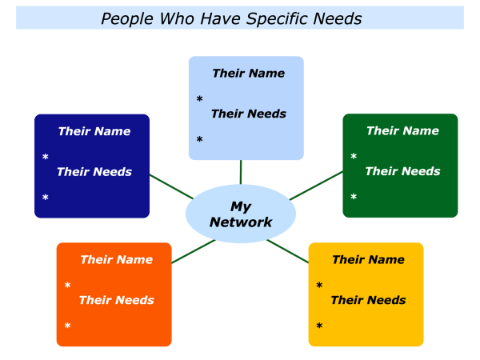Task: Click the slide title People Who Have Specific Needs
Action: (x=231, y=18)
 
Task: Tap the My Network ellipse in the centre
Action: (x=241, y=214)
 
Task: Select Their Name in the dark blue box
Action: (x=94, y=131)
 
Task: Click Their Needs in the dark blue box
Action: (x=94, y=171)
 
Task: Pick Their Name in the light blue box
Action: (x=248, y=74)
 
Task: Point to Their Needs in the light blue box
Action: (x=248, y=114)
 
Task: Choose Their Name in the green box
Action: (x=402, y=131)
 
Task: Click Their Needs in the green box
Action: (x=402, y=171)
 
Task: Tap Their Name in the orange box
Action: (x=116, y=260)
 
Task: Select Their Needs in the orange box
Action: (x=116, y=300)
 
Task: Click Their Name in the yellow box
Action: (x=368, y=260)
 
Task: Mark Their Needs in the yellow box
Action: (x=368, y=300)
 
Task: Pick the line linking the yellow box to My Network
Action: (x=288, y=250)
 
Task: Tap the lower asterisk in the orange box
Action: (x=67, y=326)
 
